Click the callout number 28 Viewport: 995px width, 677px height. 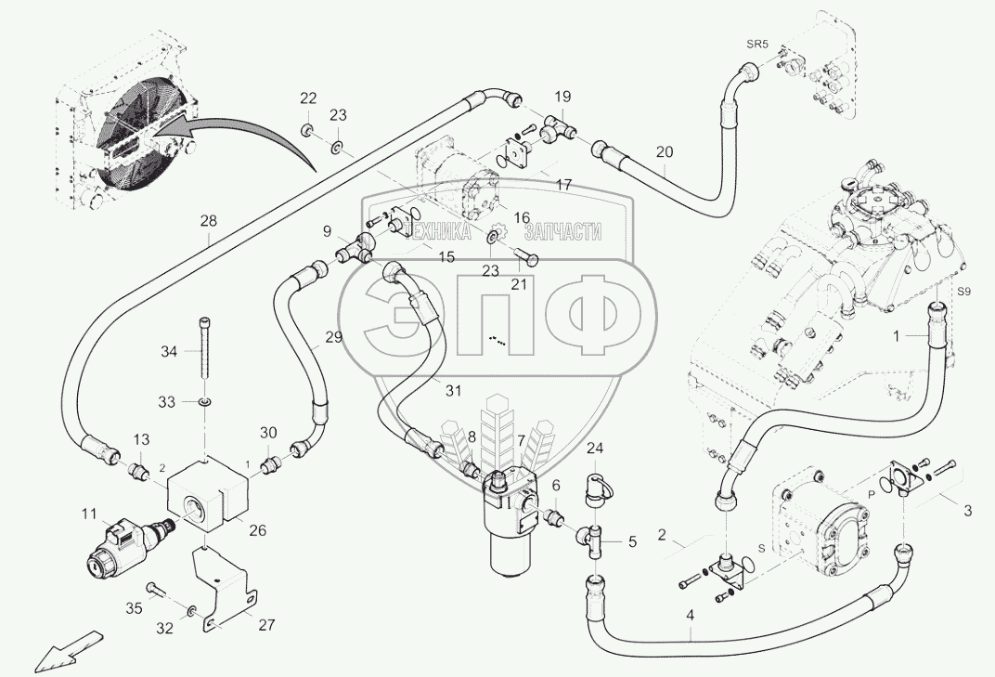208,220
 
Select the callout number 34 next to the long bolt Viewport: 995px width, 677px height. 168,351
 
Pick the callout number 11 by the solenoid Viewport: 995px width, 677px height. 88,512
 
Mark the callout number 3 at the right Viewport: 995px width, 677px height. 968,510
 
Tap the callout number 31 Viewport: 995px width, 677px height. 451,391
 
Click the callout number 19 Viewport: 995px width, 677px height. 563,96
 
